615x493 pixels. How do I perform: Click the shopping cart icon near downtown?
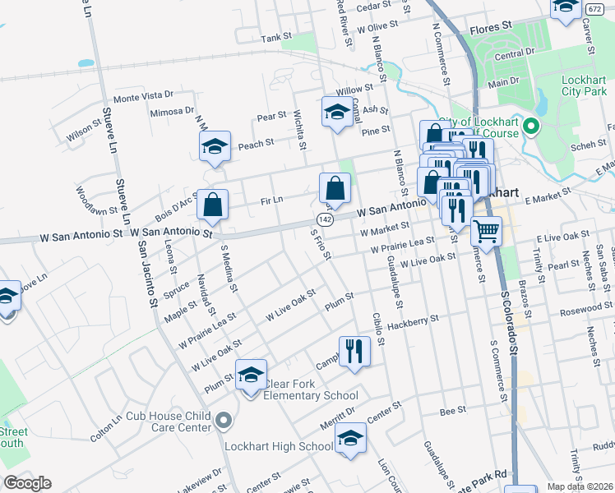tap(487, 233)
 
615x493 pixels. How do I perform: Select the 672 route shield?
tap(594, 8)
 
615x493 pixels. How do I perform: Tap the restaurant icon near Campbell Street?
tap(354, 351)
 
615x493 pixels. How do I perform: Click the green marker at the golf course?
tap(531, 127)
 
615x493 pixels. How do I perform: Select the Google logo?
tap(27, 482)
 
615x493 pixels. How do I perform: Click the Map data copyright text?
tap(579, 486)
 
